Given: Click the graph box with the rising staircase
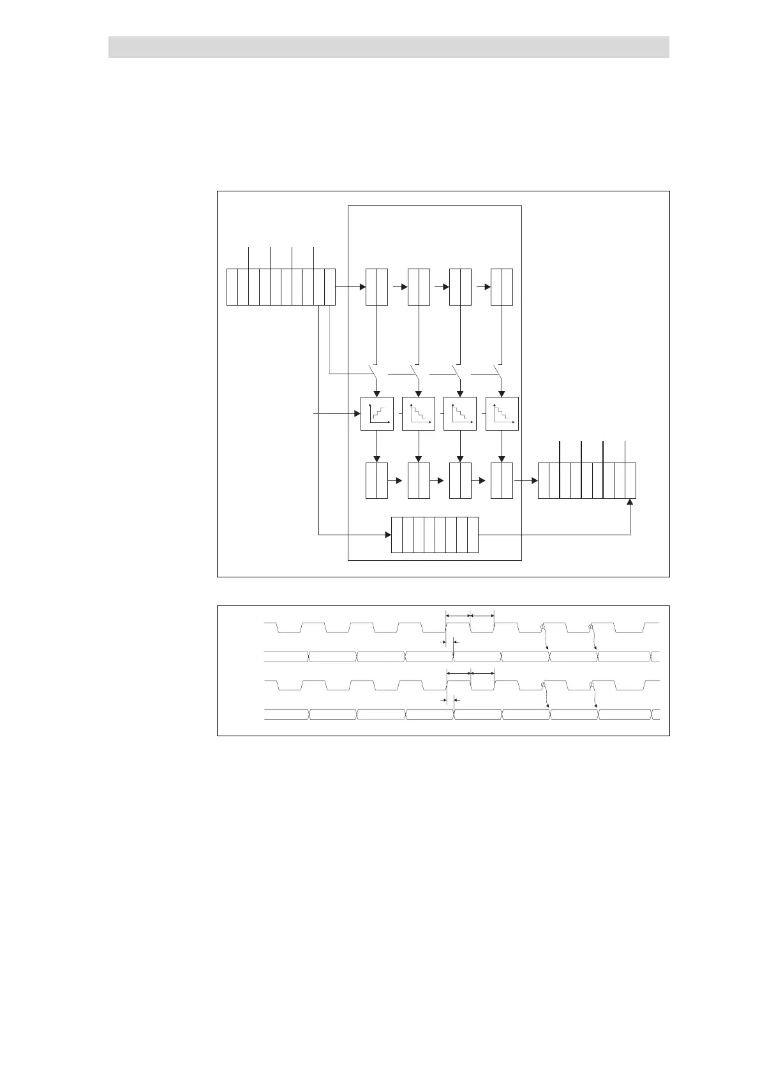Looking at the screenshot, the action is tap(376, 413).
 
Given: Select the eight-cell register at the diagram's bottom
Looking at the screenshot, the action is tap(435, 535).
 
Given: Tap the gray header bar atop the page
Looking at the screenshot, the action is tap(389, 47).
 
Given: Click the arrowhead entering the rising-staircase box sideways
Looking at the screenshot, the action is tap(357, 414).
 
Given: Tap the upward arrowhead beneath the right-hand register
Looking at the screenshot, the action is tap(630, 503).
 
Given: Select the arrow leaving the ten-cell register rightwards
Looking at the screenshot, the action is tap(350, 287).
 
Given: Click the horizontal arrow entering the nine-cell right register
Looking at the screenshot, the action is tap(528, 480).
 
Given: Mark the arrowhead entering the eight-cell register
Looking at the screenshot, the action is tap(387, 535).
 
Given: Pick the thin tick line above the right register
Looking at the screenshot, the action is tap(625, 451).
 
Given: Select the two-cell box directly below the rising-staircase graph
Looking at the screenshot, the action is tap(376, 480).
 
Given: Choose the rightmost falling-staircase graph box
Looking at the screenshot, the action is tap(502, 413).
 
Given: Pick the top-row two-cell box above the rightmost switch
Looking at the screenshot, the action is tap(502, 287).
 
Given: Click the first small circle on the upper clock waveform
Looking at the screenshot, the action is tap(543, 629).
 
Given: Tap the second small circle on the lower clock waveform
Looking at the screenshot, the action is tap(592, 686).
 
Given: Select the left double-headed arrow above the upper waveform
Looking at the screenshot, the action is tap(458, 616).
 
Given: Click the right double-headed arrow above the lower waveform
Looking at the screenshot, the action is tap(482, 672).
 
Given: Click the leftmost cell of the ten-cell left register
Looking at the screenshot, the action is tap(232, 287).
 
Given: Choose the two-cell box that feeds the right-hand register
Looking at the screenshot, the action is tap(502, 480).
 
